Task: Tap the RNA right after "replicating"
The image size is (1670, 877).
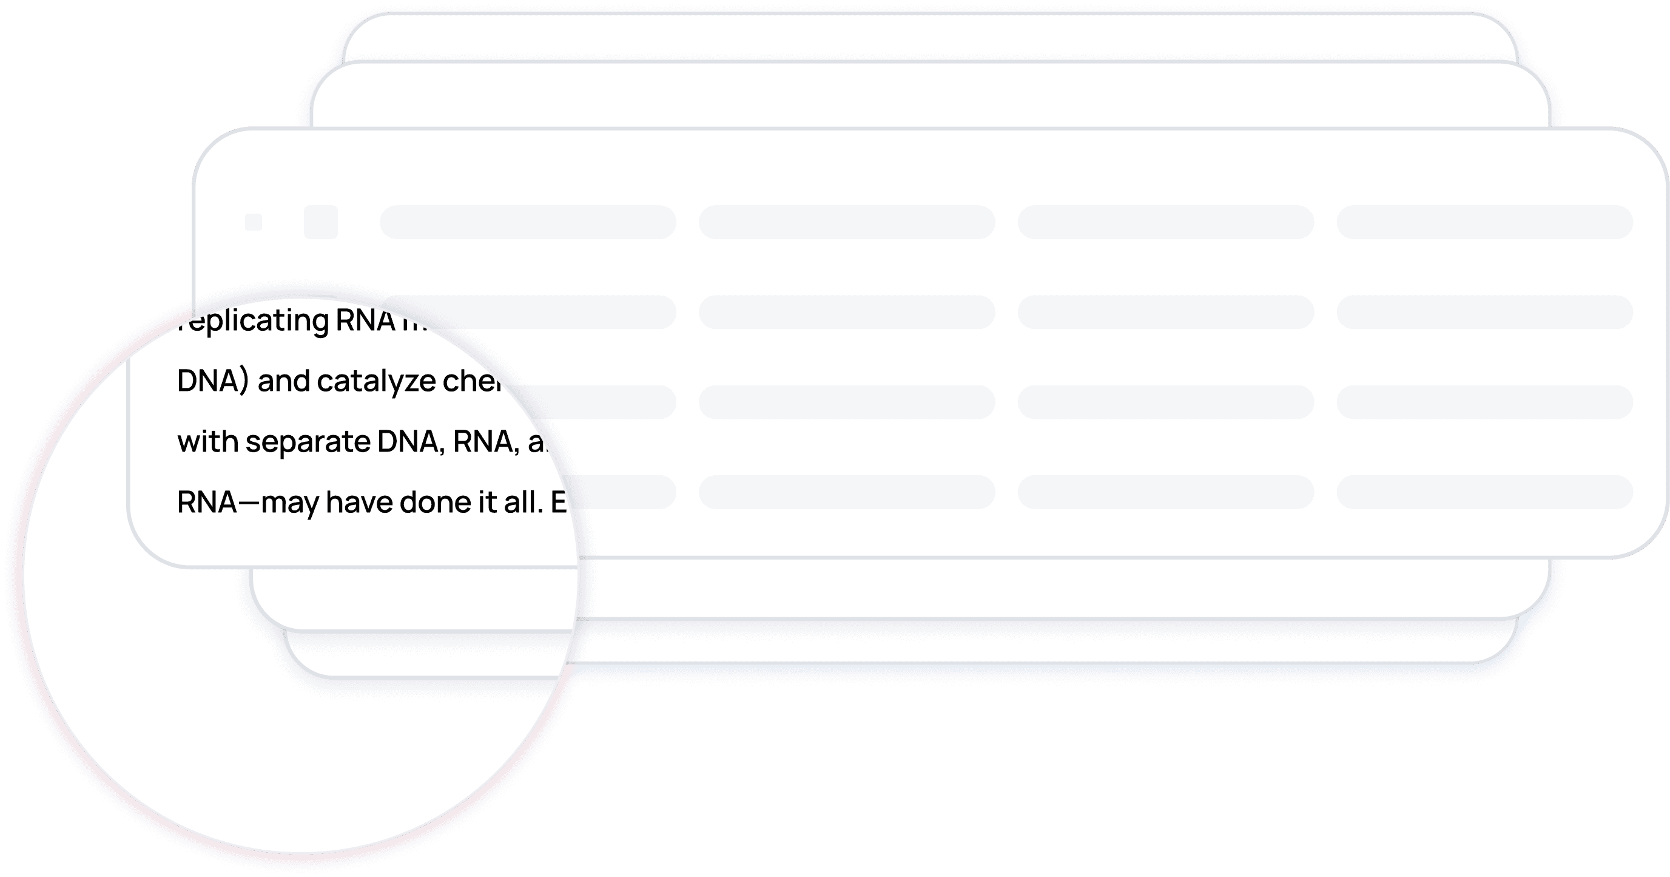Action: (365, 320)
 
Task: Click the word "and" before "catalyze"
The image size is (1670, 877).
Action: (283, 381)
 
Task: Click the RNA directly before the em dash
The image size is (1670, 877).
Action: (207, 502)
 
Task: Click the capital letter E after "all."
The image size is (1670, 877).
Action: (559, 502)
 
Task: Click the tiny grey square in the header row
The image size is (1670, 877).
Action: (254, 222)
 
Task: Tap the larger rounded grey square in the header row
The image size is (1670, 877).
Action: (321, 222)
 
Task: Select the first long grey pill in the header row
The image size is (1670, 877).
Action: (528, 222)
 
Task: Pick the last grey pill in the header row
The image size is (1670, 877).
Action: (1484, 222)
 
